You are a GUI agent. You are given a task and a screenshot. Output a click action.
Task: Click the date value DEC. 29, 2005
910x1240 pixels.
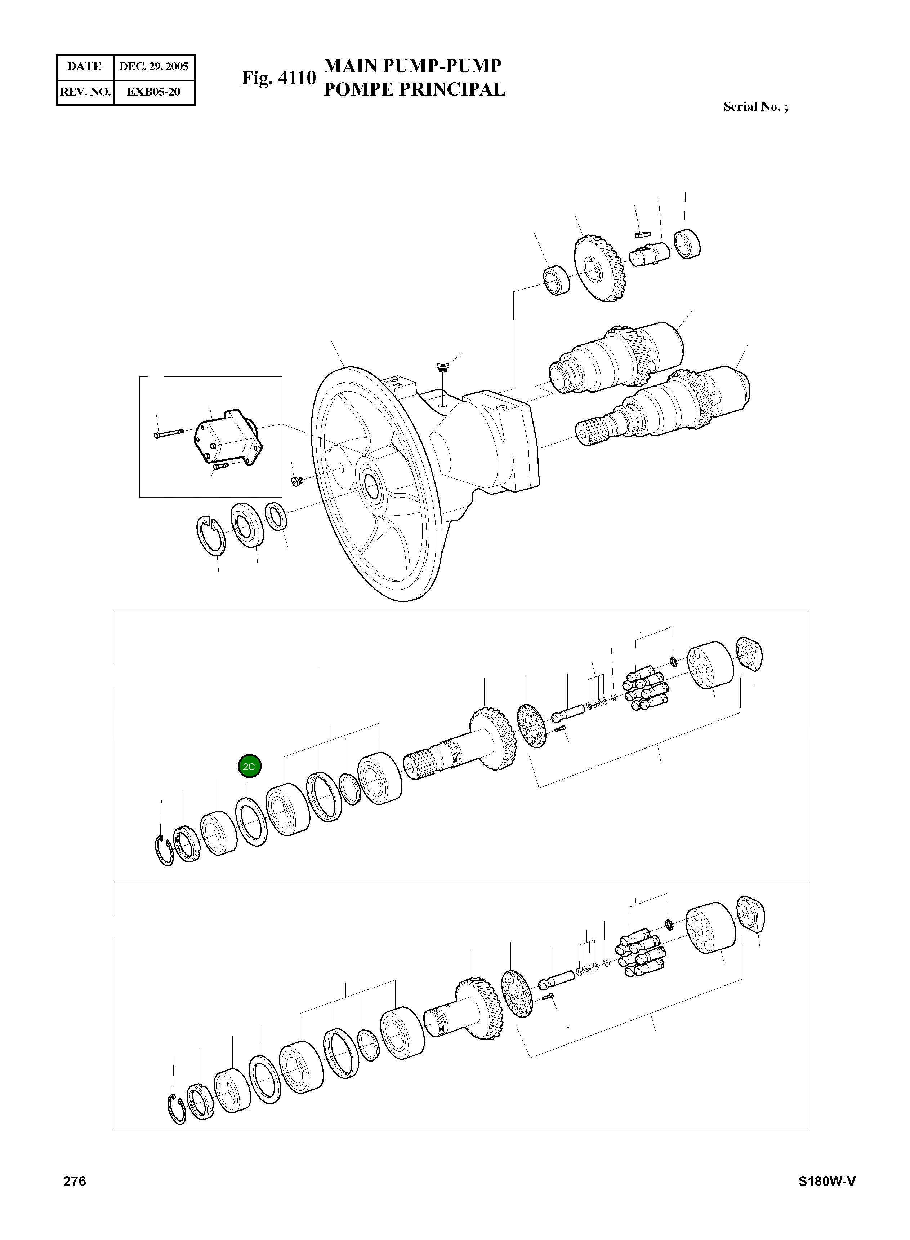coord(154,67)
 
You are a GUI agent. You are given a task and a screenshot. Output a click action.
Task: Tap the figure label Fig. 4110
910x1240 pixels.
coord(278,78)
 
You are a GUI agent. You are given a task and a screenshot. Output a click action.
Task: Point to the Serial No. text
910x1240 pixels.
coord(755,107)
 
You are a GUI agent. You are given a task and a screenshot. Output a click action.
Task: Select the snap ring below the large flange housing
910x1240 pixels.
coord(211,535)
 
